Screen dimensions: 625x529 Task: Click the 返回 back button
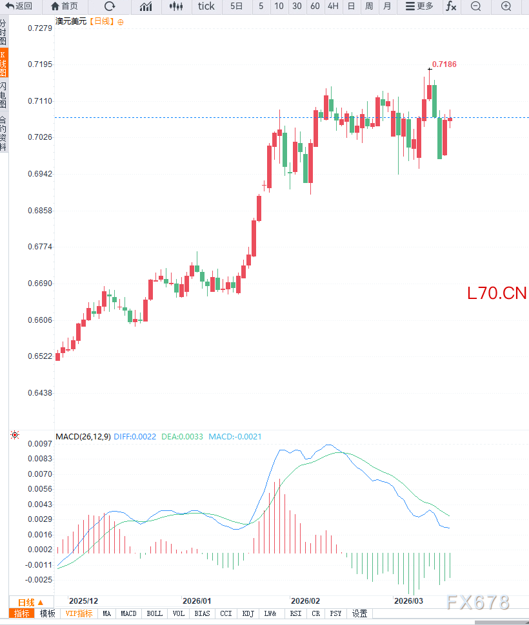click(x=19, y=6)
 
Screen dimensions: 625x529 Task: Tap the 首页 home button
click(x=65, y=6)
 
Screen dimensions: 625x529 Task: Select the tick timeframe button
click(x=206, y=6)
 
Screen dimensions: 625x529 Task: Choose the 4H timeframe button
click(x=333, y=6)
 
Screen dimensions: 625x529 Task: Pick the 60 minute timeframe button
click(x=315, y=6)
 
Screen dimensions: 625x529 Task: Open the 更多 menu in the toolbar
click(x=419, y=6)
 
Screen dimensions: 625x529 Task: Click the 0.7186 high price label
click(x=444, y=64)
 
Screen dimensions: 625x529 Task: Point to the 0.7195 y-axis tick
click(x=39, y=65)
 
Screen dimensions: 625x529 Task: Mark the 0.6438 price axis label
click(x=39, y=392)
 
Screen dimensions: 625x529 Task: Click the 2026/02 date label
click(x=306, y=601)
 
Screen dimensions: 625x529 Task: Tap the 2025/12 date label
click(x=84, y=601)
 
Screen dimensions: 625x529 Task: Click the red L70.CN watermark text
click(x=497, y=294)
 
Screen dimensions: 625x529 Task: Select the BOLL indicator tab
click(x=155, y=613)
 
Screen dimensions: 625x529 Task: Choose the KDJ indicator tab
click(x=248, y=613)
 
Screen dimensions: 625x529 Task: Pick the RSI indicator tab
click(x=296, y=613)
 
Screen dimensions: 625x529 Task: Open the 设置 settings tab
click(x=359, y=613)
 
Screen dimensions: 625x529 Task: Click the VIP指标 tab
click(x=79, y=613)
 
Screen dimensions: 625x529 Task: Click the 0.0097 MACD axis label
click(x=39, y=444)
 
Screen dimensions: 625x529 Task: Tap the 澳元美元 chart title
click(x=71, y=21)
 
